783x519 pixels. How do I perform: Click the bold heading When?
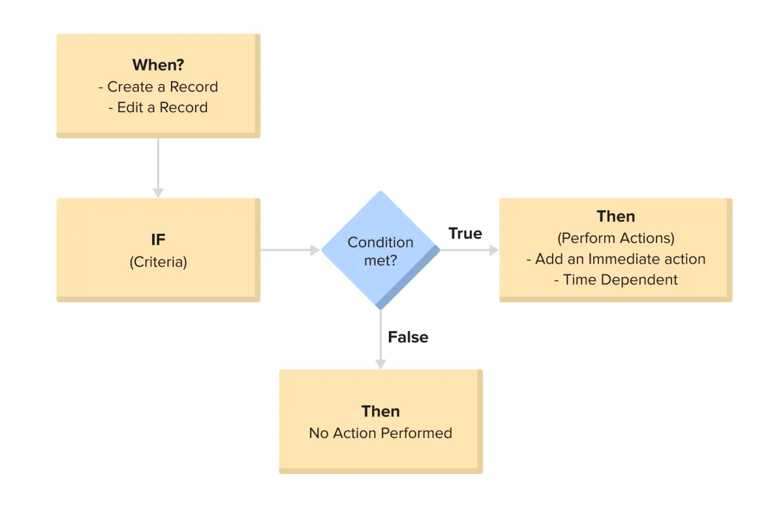(x=158, y=65)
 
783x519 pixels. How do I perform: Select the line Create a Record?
(x=159, y=87)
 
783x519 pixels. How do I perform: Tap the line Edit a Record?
(x=158, y=107)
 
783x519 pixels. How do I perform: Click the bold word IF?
(x=158, y=240)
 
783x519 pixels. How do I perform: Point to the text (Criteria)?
(x=159, y=262)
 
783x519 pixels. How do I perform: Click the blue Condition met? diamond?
(x=380, y=250)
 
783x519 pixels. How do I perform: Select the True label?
(x=465, y=233)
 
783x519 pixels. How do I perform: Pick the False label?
(x=408, y=337)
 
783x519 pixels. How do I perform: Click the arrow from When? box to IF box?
(x=158, y=168)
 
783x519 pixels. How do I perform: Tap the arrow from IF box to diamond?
(x=290, y=250)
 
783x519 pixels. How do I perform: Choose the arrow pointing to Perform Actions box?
(x=469, y=250)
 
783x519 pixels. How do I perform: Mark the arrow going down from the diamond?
(x=380, y=339)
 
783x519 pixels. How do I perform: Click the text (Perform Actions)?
(x=615, y=238)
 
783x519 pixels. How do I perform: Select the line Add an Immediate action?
(x=615, y=259)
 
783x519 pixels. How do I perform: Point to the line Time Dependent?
(x=615, y=280)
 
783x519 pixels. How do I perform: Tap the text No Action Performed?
(x=380, y=433)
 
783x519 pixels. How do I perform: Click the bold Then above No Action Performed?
(x=380, y=411)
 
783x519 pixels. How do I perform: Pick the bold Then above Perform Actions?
(x=615, y=217)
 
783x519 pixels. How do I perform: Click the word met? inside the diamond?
(x=380, y=260)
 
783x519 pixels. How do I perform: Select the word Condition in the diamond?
(x=380, y=242)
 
